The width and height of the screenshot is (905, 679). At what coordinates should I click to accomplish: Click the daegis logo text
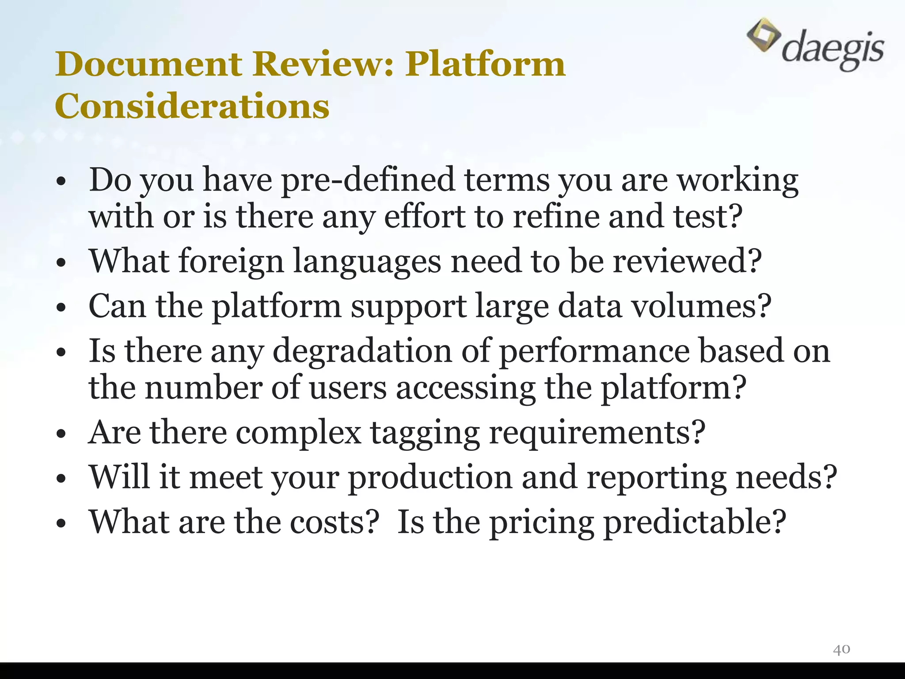(833, 50)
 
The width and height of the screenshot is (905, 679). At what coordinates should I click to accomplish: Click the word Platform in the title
(485, 64)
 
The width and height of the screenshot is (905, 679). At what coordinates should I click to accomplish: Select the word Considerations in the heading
(192, 107)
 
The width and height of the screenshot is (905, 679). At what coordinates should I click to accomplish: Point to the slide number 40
(841, 649)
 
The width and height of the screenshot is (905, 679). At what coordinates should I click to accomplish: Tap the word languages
(367, 262)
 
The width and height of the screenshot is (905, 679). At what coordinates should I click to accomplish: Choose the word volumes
(701, 306)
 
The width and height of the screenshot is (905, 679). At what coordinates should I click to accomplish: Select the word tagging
(425, 433)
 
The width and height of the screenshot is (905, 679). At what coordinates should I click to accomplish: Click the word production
(430, 477)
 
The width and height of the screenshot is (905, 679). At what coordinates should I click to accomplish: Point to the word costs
(335, 523)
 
